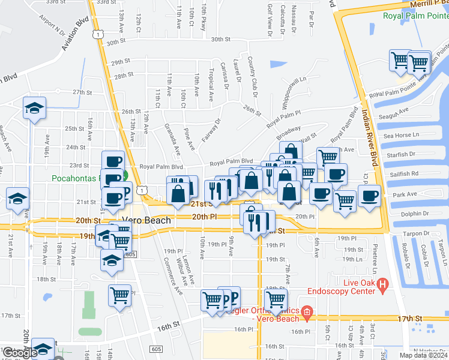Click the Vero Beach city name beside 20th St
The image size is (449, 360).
click(146, 221)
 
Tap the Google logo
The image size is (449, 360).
click(20, 353)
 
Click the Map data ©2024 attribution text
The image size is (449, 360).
click(423, 355)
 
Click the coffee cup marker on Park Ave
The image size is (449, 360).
click(369, 196)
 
